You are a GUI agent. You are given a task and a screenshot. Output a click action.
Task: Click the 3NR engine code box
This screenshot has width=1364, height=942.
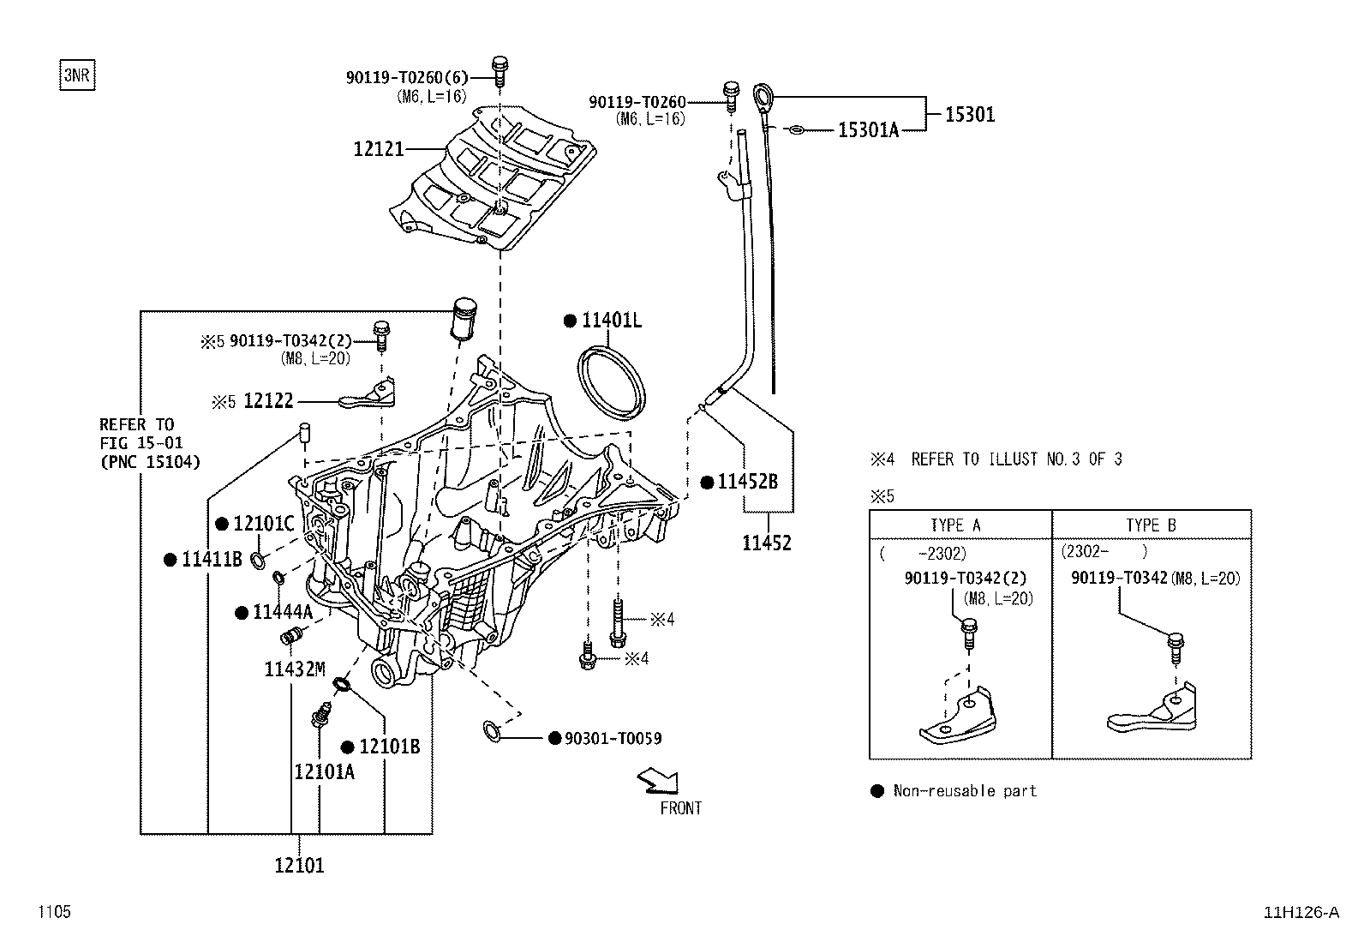(x=77, y=75)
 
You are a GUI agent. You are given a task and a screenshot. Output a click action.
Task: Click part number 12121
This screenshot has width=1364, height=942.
(x=379, y=148)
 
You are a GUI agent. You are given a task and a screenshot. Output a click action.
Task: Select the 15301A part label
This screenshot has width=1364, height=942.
(x=868, y=129)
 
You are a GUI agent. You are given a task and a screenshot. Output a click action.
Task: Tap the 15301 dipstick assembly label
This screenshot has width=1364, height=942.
(x=969, y=114)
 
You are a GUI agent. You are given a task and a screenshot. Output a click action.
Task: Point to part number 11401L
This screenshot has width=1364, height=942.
(x=612, y=320)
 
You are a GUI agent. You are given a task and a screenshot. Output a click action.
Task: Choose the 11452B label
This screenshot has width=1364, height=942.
(x=747, y=482)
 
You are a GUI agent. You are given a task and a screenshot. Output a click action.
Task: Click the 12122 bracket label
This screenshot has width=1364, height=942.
(x=268, y=400)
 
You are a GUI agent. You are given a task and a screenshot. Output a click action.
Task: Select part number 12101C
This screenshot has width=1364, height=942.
(x=264, y=524)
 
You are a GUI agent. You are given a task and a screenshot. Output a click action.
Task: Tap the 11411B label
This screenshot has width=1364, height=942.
(x=212, y=560)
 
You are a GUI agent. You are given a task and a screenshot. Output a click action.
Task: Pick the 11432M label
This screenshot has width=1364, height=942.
(x=295, y=669)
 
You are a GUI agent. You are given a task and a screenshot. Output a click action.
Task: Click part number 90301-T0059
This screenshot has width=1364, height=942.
(x=613, y=739)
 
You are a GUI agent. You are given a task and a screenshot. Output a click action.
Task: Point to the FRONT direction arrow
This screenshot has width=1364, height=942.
(x=658, y=781)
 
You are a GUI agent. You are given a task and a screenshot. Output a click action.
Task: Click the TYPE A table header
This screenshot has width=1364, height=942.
(x=955, y=525)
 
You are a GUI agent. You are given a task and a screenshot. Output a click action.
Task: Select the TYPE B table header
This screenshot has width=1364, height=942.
(x=1151, y=525)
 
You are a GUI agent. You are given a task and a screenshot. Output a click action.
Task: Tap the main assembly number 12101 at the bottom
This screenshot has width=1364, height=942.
(x=299, y=865)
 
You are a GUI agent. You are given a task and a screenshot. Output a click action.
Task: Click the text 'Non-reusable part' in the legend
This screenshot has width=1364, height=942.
(x=965, y=791)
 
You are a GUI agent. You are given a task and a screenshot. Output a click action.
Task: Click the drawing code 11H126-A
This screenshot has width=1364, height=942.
(x=1301, y=912)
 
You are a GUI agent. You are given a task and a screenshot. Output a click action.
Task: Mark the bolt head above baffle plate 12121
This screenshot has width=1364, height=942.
(x=500, y=63)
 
